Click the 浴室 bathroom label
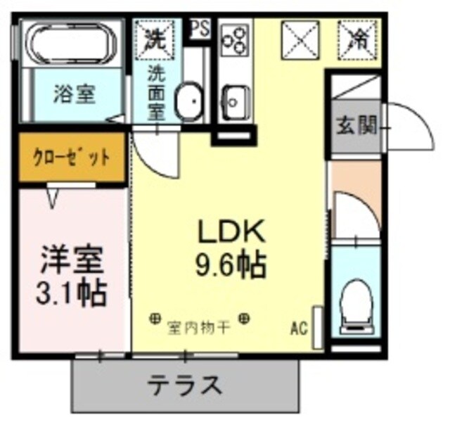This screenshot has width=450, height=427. pyautogui.click(x=75, y=94)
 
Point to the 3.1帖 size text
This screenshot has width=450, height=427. pyautogui.click(x=71, y=291)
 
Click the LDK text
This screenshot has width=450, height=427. pyautogui.click(x=229, y=232)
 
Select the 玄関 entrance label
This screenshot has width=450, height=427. pyautogui.click(x=355, y=126)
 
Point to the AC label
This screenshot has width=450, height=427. pyautogui.click(x=299, y=327)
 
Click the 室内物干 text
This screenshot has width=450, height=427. pyautogui.click(x=198, y=327)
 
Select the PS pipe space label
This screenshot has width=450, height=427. pyautogui.click(x=199, y=30)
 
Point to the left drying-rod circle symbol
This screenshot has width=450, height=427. pyautogui.click(x=154, y=319)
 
